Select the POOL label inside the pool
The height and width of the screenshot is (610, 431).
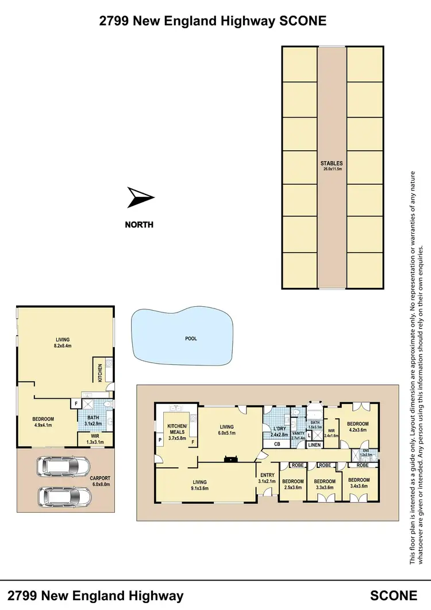(x=191, y=338)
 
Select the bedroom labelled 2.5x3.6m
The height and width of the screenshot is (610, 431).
(x=293, y=484)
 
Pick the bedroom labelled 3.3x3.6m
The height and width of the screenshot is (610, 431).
(x=325, y=484)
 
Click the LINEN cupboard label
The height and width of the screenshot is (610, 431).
(x=313, y=445)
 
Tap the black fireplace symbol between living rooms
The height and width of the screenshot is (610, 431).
(x=230, y=459)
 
